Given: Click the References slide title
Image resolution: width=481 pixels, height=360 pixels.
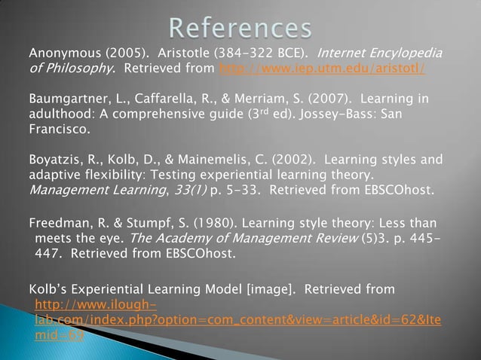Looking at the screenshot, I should click(x=240, y=29).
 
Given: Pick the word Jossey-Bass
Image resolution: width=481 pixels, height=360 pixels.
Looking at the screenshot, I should click(x=336, y=114).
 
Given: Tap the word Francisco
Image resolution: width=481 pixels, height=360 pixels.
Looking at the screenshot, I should click(x=58, y=129).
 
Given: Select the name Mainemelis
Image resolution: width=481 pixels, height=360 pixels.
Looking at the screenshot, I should click(x=219, y=159).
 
